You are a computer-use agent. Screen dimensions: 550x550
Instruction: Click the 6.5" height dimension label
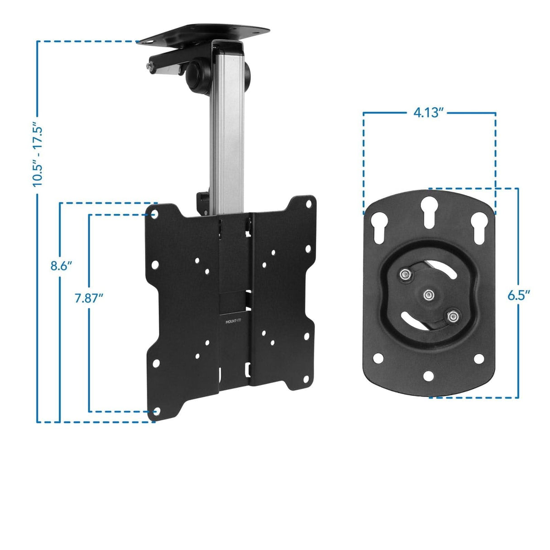[x=518, y=295]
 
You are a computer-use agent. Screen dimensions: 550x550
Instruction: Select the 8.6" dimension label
[x=61, y=266]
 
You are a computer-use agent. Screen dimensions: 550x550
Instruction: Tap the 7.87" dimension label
[x=89, y=298]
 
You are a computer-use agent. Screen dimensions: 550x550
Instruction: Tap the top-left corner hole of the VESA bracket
[x=154, y=213]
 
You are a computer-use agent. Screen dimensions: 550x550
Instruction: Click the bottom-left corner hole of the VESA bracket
[x=156, y=411]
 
